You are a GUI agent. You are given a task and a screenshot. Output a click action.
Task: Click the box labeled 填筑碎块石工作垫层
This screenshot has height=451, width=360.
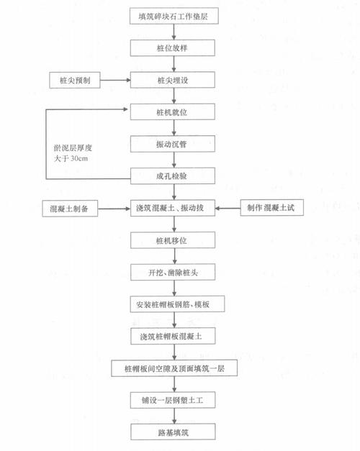coord(174,16)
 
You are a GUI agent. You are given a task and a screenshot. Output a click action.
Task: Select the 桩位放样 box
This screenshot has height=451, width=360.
coord(173,47)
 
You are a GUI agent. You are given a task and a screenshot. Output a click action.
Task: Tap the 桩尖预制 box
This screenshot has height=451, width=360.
coord(75,80)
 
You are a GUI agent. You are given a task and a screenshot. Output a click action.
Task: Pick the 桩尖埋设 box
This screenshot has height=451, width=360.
coord(173,80)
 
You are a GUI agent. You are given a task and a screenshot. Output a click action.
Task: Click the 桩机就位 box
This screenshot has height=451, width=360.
coord(173,112)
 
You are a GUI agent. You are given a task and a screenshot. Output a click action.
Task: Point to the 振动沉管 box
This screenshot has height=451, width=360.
coord(173,144)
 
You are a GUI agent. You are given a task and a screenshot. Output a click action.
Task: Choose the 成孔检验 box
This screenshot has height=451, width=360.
coord(173,176)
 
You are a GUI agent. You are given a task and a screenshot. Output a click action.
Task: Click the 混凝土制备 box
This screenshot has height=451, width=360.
coord(70,209)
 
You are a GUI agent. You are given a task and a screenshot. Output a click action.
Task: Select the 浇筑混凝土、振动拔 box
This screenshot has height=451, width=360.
coord(173,208)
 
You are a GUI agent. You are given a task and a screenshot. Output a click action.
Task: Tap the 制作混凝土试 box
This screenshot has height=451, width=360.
coord(272,207)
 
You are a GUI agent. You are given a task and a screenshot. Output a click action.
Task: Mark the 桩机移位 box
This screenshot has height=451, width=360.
coord(173,240)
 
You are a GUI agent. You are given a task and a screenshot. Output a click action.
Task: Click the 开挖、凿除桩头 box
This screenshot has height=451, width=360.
coord(173,272)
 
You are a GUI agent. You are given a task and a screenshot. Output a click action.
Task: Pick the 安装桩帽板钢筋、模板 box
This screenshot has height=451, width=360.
coord(177,304)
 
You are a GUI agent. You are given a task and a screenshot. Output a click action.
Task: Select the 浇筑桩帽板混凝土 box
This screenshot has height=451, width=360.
coord(173,336)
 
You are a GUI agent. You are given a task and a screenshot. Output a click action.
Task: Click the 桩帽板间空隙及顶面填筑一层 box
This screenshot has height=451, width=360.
coord(174,368)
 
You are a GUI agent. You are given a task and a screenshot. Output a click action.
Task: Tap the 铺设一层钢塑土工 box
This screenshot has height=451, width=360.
coord(173,400)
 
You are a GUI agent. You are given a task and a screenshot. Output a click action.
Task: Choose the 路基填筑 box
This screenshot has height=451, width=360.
coord(173,432)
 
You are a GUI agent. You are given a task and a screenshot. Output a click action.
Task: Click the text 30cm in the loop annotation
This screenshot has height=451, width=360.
coord(79,158)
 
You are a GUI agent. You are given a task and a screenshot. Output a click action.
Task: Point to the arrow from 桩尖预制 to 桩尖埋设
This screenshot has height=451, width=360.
coord(115,80)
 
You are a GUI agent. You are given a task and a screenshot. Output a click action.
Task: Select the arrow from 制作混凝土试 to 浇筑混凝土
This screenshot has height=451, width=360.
coord(228,208)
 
